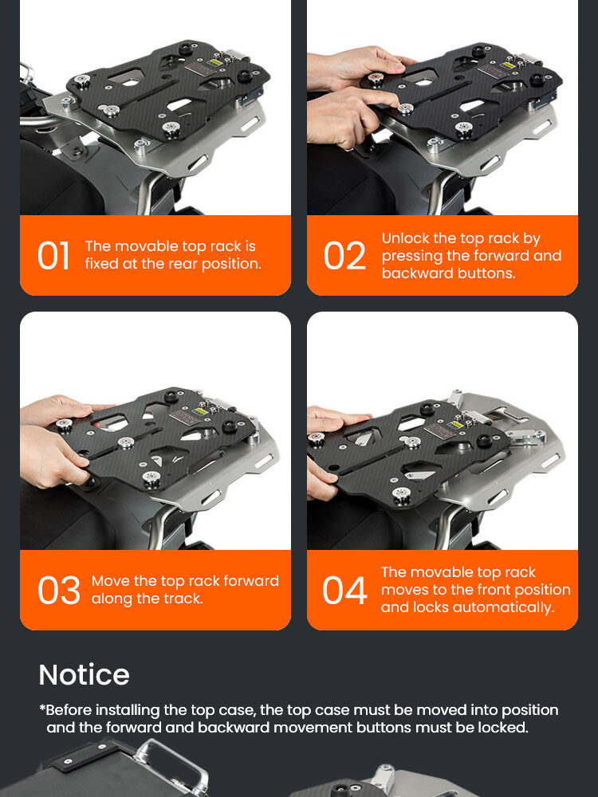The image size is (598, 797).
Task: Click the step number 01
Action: coord(53,255)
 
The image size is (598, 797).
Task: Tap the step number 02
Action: coord(344,255)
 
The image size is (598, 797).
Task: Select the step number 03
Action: coord(59,590)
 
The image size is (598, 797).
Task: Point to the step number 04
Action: coord(344,590)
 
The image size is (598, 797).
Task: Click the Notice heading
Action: coord(85,674)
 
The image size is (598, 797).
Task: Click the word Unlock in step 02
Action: coord(406,238)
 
